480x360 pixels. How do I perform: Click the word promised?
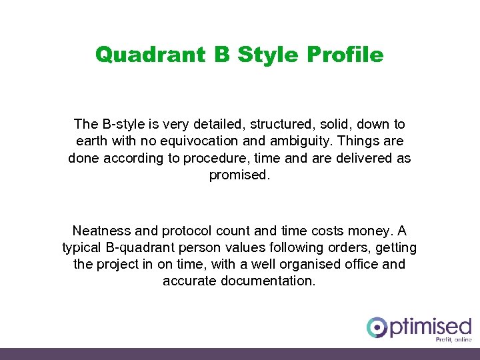[239, 175]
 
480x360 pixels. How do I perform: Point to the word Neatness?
[101, 231]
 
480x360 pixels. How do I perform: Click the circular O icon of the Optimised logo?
[377, 327]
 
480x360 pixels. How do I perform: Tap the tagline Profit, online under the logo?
[453, 339]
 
